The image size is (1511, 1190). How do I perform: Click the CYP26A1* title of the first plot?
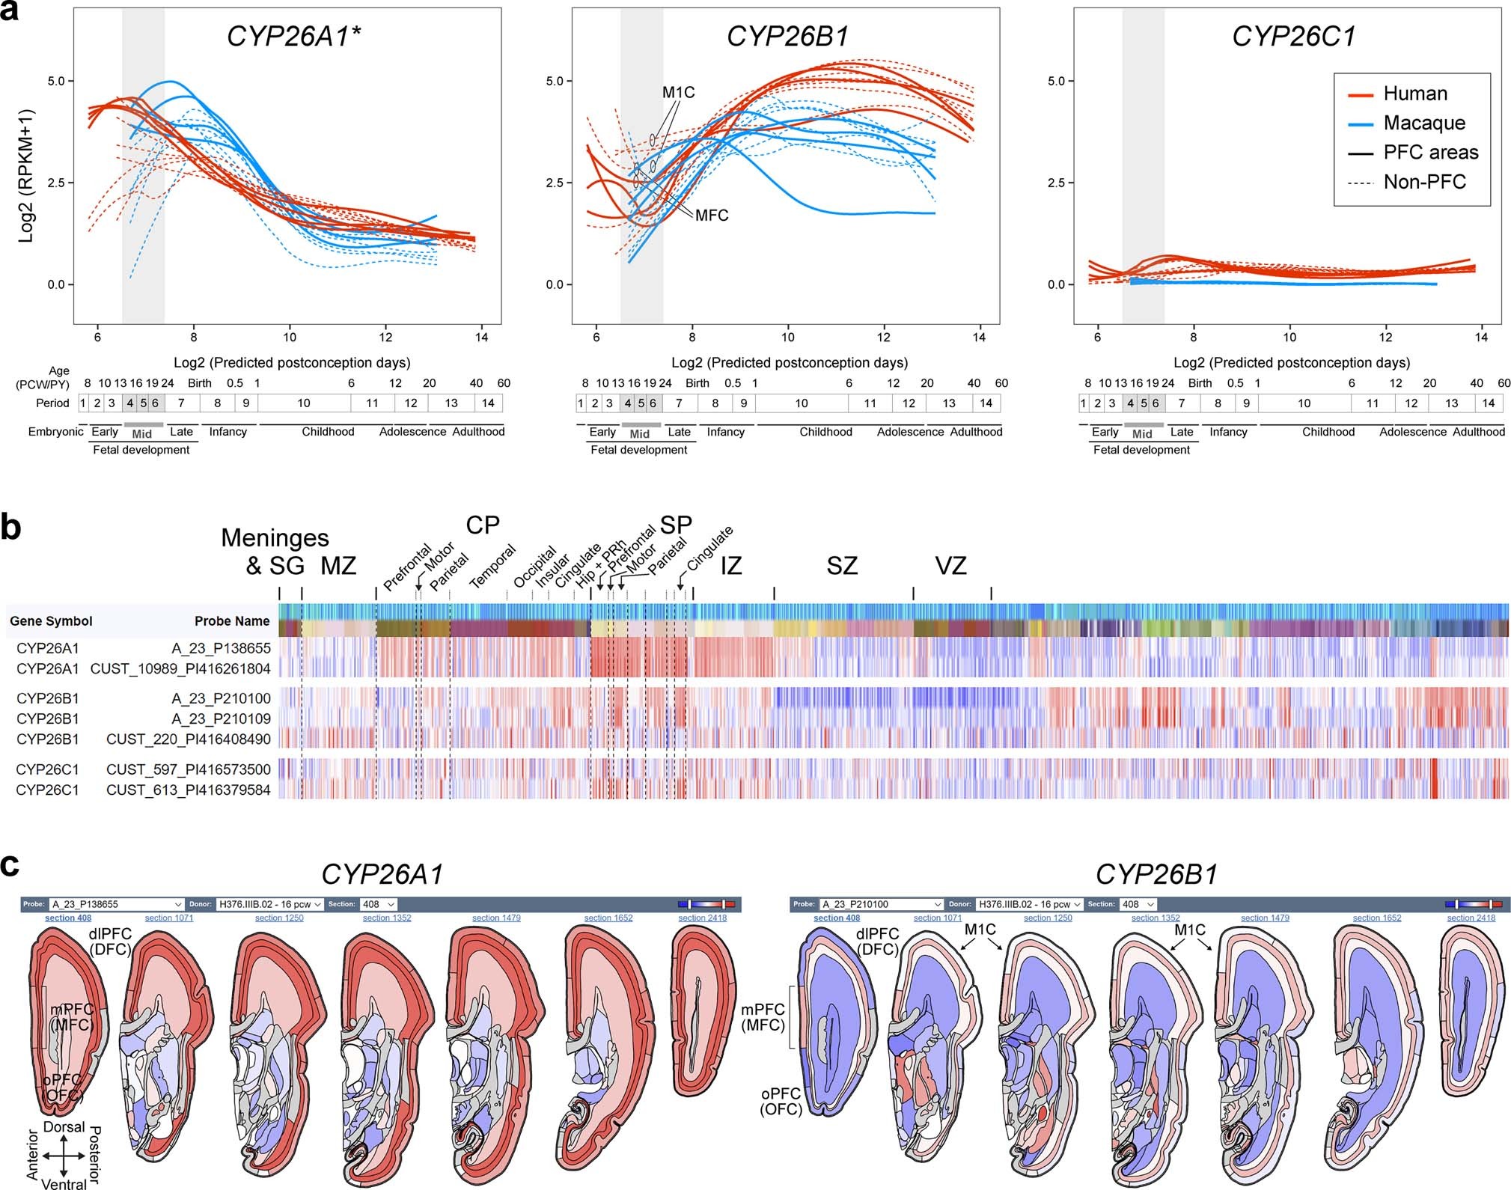(x=293, y=36)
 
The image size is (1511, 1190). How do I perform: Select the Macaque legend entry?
(x=1423, y=123)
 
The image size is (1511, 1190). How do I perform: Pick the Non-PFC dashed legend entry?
(x=1424, y=182)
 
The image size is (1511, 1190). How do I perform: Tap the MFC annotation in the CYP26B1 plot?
(x=711, y=216)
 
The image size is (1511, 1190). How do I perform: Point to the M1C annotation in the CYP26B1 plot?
(x=678, y=92)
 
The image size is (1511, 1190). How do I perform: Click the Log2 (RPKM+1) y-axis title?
(x=26, y=177)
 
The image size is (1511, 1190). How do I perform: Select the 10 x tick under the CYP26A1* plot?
(x=290, y=338)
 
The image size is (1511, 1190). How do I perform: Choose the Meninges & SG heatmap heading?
(x=275, y=551)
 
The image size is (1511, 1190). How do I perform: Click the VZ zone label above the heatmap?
(x=950, y=566)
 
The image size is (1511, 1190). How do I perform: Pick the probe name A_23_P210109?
(x=221, y=718)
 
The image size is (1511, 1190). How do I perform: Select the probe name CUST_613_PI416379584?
(x=188, y=790)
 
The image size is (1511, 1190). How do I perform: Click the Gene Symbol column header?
(x=51, y=621)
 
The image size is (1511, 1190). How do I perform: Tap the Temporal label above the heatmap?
(x=492, y=567)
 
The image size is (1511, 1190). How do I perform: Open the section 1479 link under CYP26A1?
(x=496, y=918)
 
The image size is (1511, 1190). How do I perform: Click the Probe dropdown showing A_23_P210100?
(x=882, y=904)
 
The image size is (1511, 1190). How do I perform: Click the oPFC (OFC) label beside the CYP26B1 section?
(x=781, y=1101)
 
